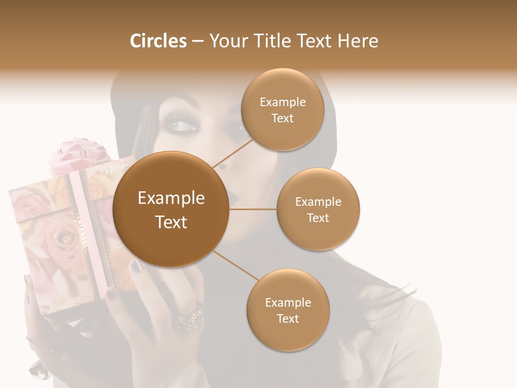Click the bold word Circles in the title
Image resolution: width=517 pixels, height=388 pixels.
pyautogui.click(x=158, y=41)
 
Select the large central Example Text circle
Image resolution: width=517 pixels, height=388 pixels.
pyautogui.click(x=171, y=209)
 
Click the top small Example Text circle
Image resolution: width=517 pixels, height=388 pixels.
pyautogui.click(x=282, y=110)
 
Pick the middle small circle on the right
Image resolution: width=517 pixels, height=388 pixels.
pyautogui.click(x=318, y=209)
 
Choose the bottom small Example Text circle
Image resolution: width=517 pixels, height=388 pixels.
pyautogui.click(x=288, y=310)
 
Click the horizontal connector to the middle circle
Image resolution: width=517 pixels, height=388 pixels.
pyautogui.click(x=253, y=209)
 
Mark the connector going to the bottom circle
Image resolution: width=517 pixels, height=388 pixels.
pyautogui.click(x=235, y=265)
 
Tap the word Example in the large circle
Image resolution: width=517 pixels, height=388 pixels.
pyautogui.click(x=171, y=198)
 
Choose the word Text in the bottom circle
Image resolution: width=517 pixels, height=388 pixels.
pyautogui.click(x=288, y=318)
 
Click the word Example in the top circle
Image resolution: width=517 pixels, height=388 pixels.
pyautogui.click(x=282, y=102)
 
